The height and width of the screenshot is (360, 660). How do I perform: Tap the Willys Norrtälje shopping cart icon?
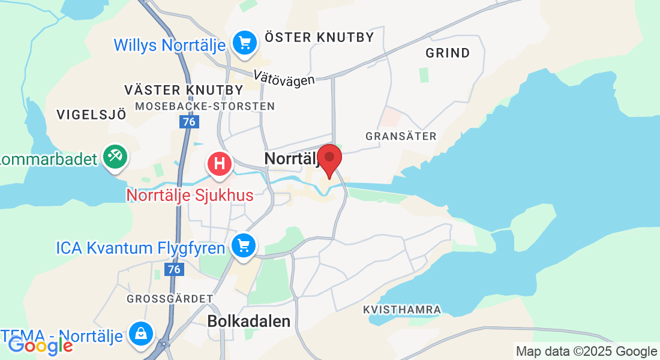point(244,43)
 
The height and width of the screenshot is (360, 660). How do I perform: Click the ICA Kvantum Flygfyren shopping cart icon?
point(244,246)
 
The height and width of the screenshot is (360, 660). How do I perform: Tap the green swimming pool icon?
point(113,157)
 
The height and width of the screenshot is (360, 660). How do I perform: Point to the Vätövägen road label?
point(284,77)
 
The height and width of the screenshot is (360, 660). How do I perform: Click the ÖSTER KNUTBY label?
point(319,37)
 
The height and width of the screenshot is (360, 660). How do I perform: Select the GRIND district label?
point(448,53)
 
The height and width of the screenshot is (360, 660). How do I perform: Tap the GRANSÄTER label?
point(401,136)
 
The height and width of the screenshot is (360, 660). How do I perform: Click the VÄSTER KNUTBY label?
point(184,90)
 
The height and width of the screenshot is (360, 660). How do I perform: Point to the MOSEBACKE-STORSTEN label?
point(205,106)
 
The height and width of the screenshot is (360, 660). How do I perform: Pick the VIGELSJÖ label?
point(91,114)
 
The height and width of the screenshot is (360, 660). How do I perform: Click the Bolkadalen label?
point(248,321)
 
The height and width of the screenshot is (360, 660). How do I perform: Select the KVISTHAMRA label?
point(402,310)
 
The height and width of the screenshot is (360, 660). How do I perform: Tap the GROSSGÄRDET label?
point(170,298)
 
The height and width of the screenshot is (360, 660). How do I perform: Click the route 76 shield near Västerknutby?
point(190,122)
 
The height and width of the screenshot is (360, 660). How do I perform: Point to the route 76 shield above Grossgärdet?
point(174,270)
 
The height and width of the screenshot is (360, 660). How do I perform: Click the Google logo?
point(40,345)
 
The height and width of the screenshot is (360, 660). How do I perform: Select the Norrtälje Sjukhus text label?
point(190,195)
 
